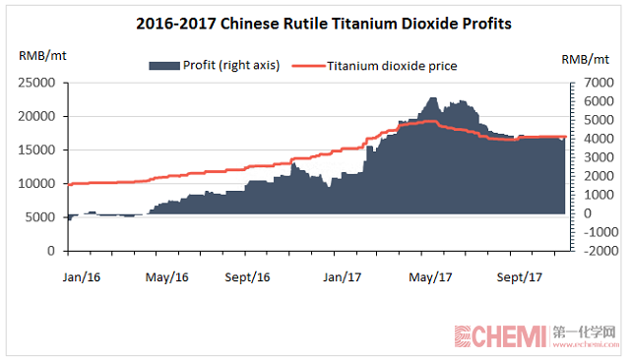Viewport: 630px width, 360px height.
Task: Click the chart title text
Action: pos(316,22)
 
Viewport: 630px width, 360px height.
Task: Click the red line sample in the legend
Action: pos(310,66)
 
